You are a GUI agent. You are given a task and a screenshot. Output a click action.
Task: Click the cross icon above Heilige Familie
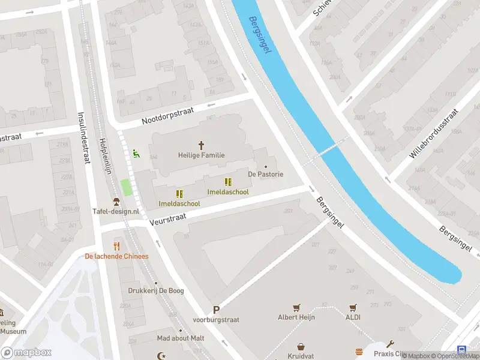[x=202, y=145]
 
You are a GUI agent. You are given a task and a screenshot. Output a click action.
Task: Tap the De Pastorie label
[x=265, y=175]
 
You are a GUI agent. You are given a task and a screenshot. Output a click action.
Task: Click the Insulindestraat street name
[x=83, y=137]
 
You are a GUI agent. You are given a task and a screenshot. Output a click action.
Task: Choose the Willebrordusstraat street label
[x=433, y=133]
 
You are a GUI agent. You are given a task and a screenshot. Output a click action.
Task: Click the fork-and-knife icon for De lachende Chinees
[x=116, y=246]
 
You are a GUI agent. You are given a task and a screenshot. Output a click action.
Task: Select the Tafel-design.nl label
[x=116, y=211]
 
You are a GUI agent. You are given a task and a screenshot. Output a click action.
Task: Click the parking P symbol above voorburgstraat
[x=216, y=310]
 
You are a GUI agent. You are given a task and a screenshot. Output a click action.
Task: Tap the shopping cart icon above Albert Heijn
[x=296, y=307]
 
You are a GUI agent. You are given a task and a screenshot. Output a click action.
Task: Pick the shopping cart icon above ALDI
[x=353, y=307]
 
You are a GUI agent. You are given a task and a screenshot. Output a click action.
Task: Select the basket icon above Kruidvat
[x=301, y=347]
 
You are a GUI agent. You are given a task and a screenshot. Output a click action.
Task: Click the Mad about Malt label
[x=180, y=338]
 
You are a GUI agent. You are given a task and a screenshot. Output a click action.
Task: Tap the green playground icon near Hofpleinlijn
[x=136, y=154]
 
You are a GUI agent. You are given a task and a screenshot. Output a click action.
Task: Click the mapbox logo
[x=26, y=352]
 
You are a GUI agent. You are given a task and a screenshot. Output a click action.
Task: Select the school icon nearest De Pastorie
[x=227, y=182]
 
